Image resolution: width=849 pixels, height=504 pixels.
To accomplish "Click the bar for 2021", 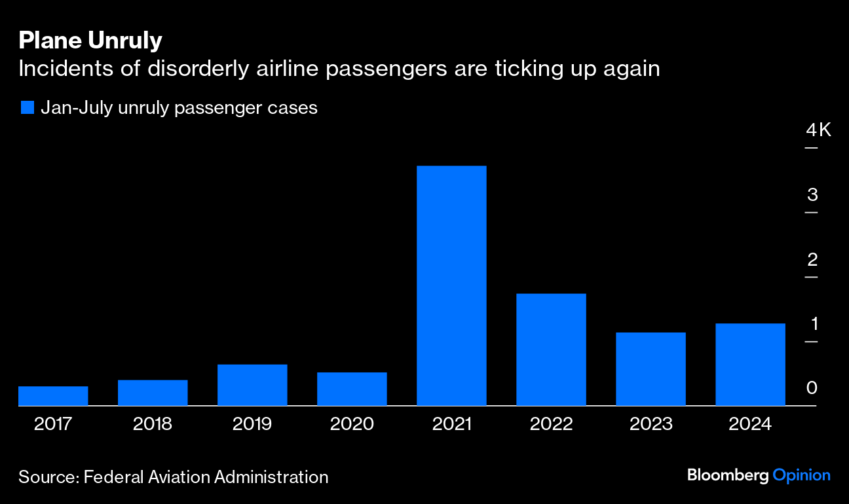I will tap(451, 285).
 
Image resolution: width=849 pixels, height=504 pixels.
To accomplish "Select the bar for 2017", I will tap(53, 396).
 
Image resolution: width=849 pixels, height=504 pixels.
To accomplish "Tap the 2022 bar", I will tap(551, 350).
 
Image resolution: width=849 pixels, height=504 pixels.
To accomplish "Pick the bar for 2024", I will tap(750, 365).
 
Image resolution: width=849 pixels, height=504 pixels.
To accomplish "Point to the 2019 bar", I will tap(252, 385).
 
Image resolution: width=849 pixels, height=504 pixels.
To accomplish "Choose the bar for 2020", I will tap(352, 389).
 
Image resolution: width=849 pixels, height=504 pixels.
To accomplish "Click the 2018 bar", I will tap(153, 393).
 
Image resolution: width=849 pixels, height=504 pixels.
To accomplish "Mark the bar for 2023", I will tap(651, 369).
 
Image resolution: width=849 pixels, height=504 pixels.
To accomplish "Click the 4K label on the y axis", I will tap(818, 130).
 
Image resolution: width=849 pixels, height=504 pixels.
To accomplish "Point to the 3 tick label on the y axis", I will tap(812, 194).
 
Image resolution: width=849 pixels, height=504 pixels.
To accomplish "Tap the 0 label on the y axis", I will tap(812, 388).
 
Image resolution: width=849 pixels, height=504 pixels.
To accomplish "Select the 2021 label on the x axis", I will tap(451, 424).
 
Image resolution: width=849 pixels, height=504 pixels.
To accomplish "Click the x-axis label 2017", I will tap(53, 424).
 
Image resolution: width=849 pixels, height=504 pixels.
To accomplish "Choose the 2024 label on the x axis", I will tap(750, 424).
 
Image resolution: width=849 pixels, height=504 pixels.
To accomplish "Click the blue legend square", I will tap(27, 107).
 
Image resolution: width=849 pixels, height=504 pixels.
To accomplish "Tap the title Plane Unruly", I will tap(90, 41).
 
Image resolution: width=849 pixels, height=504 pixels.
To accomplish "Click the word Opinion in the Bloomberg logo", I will tap(801, 475).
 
